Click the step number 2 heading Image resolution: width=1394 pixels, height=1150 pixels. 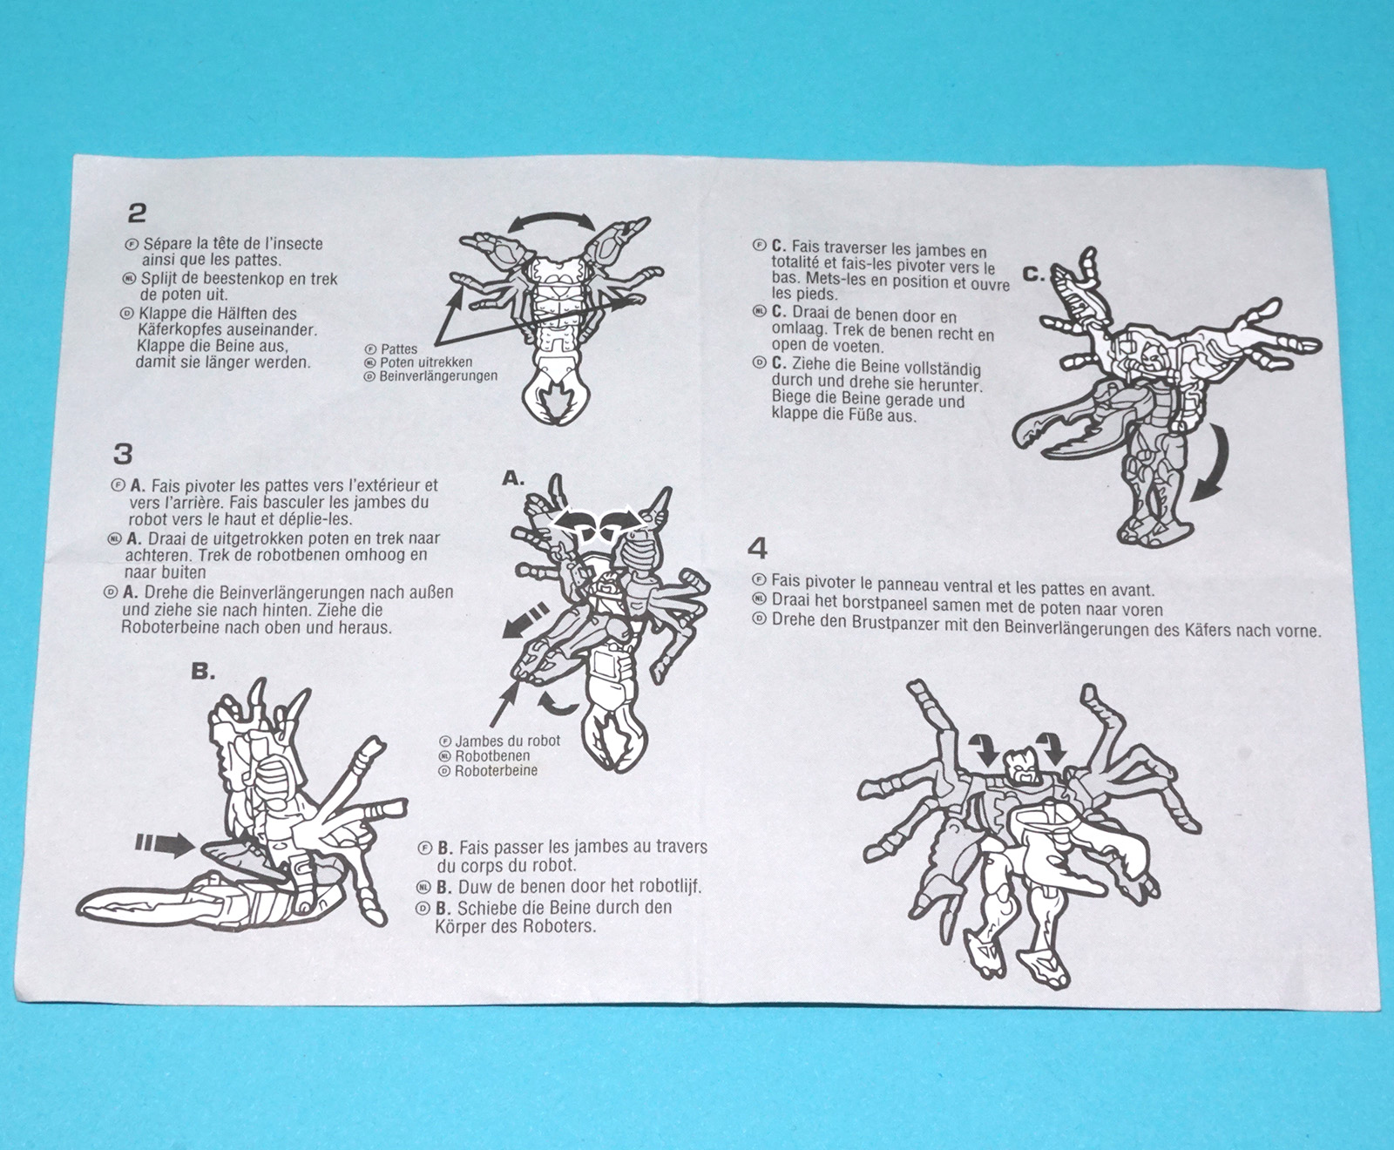[137, 213]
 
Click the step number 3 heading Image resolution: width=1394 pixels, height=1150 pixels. [123, 454]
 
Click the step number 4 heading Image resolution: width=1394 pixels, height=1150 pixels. [758, 549]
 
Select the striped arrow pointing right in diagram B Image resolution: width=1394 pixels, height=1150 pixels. [165, 843]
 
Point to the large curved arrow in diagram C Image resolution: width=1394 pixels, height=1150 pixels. [1212, 466]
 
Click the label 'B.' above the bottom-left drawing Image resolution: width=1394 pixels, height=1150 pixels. [203, 672]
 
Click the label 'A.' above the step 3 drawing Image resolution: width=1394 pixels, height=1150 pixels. [514, 477]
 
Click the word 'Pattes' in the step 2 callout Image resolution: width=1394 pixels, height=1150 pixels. [398, 348]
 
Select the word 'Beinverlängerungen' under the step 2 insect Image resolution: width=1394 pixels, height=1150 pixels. [438, 376]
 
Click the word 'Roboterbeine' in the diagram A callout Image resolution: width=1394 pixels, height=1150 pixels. [497, 771]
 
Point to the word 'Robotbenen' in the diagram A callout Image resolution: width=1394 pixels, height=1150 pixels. [492, 756]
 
